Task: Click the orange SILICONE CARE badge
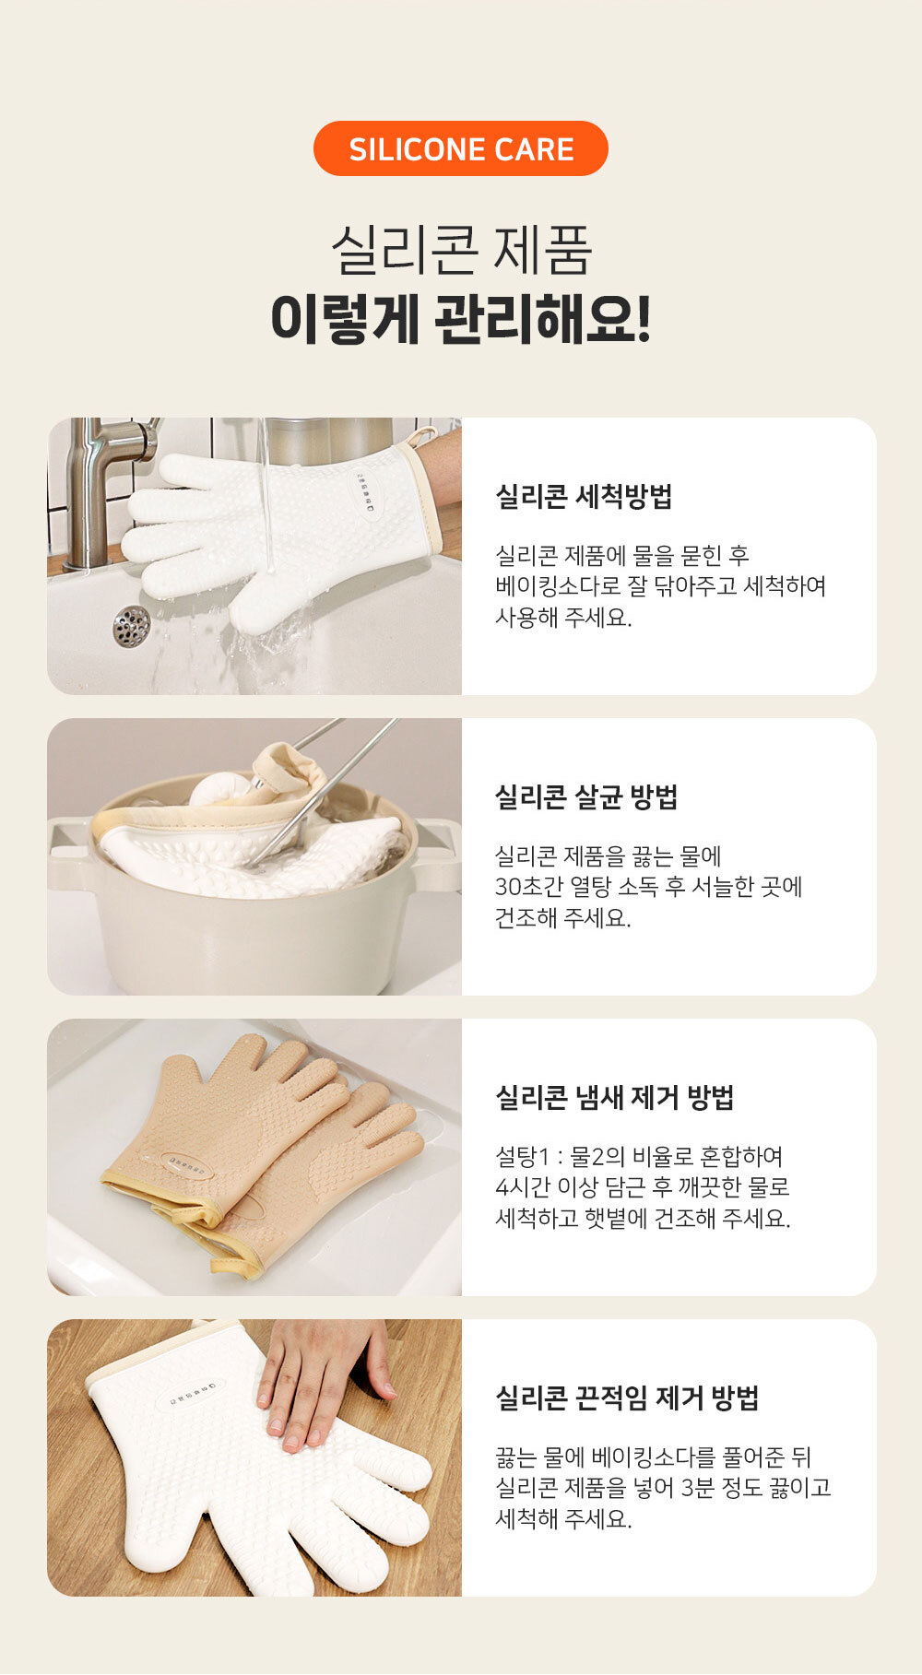[x=461, y=148]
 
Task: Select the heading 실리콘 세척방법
[x=584, y=496]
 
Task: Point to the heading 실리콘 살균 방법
[x=586, y=796]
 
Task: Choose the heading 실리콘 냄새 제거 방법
[x=614, y=1097]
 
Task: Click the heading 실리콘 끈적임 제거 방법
[x=627, y=1398]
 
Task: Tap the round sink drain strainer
[x=131, y=626]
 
